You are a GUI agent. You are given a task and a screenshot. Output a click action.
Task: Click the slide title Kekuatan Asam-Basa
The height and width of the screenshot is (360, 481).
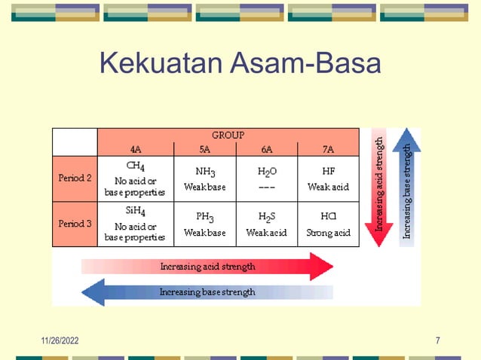[240, 63]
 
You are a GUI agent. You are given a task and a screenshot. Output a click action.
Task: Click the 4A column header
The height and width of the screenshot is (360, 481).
[136, 149]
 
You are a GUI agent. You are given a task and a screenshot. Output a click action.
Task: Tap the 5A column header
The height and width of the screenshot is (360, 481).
[205, 149]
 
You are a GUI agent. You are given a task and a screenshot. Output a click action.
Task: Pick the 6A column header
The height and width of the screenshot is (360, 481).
[267, 149]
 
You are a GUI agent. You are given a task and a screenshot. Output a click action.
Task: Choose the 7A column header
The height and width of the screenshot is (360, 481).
[328, 149]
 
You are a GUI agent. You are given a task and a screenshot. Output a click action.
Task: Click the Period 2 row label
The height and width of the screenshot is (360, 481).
[75, 178]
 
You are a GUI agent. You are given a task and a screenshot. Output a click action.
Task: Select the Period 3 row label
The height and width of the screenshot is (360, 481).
[75, 224]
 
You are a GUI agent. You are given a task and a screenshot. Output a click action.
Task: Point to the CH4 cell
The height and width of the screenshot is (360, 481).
[136, 178]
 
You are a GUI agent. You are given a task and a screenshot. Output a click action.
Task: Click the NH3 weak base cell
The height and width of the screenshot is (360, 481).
[205, 178]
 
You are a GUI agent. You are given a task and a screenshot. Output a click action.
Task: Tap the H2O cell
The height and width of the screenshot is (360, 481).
[267, 178]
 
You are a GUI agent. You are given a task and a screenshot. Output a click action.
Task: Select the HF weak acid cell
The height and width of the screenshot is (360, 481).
[328, 178]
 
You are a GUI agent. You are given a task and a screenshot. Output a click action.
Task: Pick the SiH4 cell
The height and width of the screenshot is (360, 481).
[136, 224]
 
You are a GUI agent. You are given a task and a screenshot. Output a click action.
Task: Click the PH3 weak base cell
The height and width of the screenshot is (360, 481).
[205, 224]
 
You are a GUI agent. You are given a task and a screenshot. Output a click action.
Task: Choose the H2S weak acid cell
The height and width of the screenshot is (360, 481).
[267, 224]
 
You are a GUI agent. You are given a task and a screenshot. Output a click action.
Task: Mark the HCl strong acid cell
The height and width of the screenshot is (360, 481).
[328, 224]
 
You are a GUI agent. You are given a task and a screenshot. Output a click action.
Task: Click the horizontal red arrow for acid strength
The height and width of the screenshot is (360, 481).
[207, 267]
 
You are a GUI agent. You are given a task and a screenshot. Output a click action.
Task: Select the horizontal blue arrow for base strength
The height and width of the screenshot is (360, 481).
[207, 291]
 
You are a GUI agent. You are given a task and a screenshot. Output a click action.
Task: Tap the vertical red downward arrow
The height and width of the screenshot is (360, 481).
[380, 188]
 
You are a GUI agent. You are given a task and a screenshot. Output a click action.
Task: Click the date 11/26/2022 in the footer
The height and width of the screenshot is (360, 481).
[60, 341]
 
